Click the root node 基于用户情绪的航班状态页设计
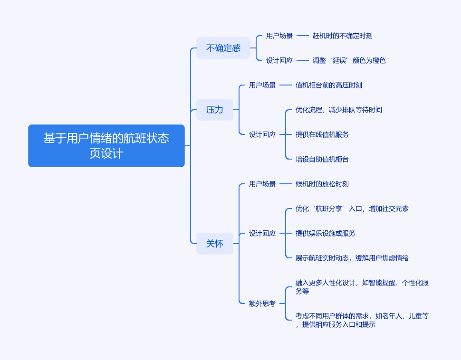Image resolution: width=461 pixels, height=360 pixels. tap(106, 146)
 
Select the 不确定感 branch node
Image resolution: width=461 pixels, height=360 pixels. tap(223, 48)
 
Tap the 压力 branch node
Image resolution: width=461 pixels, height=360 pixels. tap(215, 110)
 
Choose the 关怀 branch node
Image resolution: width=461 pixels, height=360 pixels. tap(215, 244)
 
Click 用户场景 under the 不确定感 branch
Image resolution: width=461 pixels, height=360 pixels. tap(279, 36)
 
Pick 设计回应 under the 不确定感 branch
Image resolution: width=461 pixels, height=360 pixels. tap(279, 60)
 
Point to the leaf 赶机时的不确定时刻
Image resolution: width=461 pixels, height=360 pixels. tap(343, 36)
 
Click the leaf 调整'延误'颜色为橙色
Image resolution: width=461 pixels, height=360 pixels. tap(349, 60)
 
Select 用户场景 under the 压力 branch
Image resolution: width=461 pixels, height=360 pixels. tap(262, 85)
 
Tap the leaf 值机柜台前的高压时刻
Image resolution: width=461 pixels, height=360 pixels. tap(329, 85)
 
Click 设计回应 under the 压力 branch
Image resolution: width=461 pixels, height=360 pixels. tap(262, 134)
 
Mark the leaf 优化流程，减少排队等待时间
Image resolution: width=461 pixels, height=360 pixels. tap(339, 110)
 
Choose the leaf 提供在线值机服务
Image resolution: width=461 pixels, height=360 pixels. tap(322, 134)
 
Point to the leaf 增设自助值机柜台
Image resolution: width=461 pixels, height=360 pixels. tap(322, 159)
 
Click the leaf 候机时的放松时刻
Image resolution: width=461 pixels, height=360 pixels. tap(322, 184)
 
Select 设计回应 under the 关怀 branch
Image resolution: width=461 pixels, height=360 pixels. tap(262, 233)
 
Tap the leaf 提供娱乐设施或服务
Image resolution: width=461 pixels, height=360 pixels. tap(326, 233)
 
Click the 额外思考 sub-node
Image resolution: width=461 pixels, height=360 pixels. tap(262, 303)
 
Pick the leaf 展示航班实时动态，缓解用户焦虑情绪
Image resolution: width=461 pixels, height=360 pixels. tap(352, 258)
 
